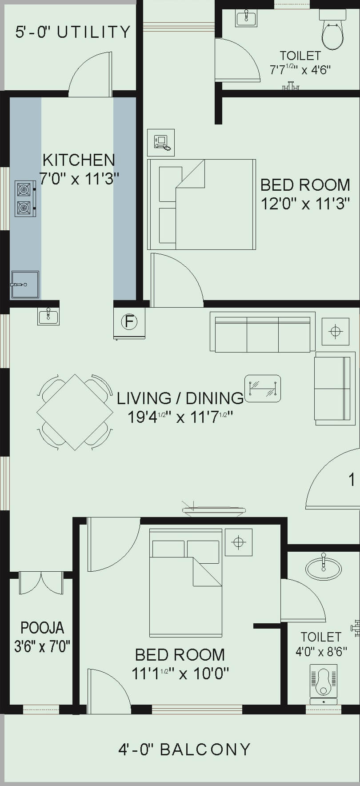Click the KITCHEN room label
pyautogui.click(x=79, y=160)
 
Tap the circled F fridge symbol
pyautogui.click(x=129, y=321)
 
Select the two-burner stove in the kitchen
pyautogui.click(x=25, y=198)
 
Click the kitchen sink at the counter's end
pyautogui.click(x=25, y=285)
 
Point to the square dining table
pyautogui.click(x=75, y=412)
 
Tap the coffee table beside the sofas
pyautogui.click(x=263, y=389)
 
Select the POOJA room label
pyautogui.click(x=42, y=628)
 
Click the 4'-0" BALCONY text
pyautogui.click(x=184, y=750)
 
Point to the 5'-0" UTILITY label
pyautogui.click(x=73, y=32)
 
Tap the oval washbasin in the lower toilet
pyautogui.click(x=323, y=568)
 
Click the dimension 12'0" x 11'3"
pyautogui.click(x=305, y=204)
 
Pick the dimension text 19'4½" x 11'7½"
pyautogui.click(x=180, y=417)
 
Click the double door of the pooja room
pyautogui.click(x=41, y=583)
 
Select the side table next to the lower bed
pyautogui.click(x=238, y=542)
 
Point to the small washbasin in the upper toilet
pyautogui.click(x=246, y=18)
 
